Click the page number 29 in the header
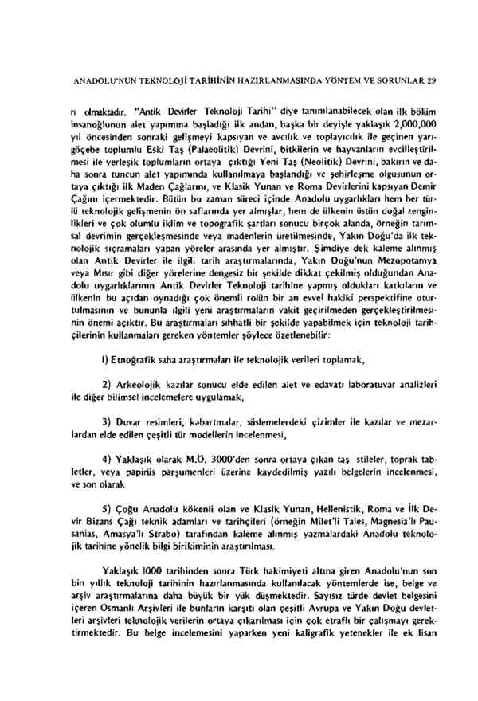(431, 80)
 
